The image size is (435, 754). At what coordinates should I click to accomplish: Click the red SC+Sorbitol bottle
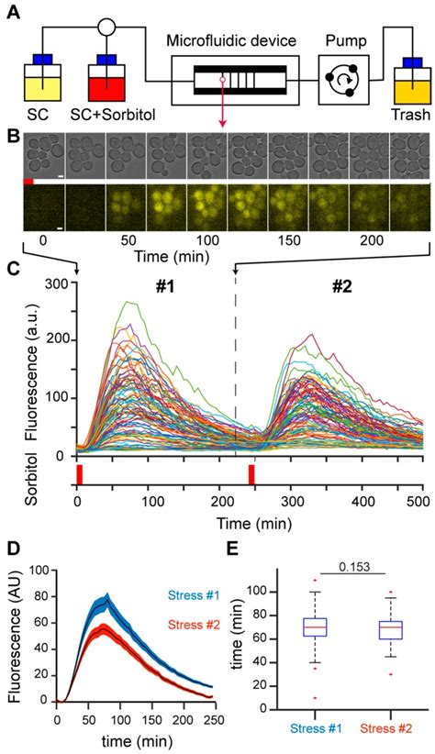[x=106, y=83]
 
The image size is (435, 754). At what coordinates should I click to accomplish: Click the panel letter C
[x=11, y=269]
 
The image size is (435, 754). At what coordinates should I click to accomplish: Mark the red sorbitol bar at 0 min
[x=79, y=473]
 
